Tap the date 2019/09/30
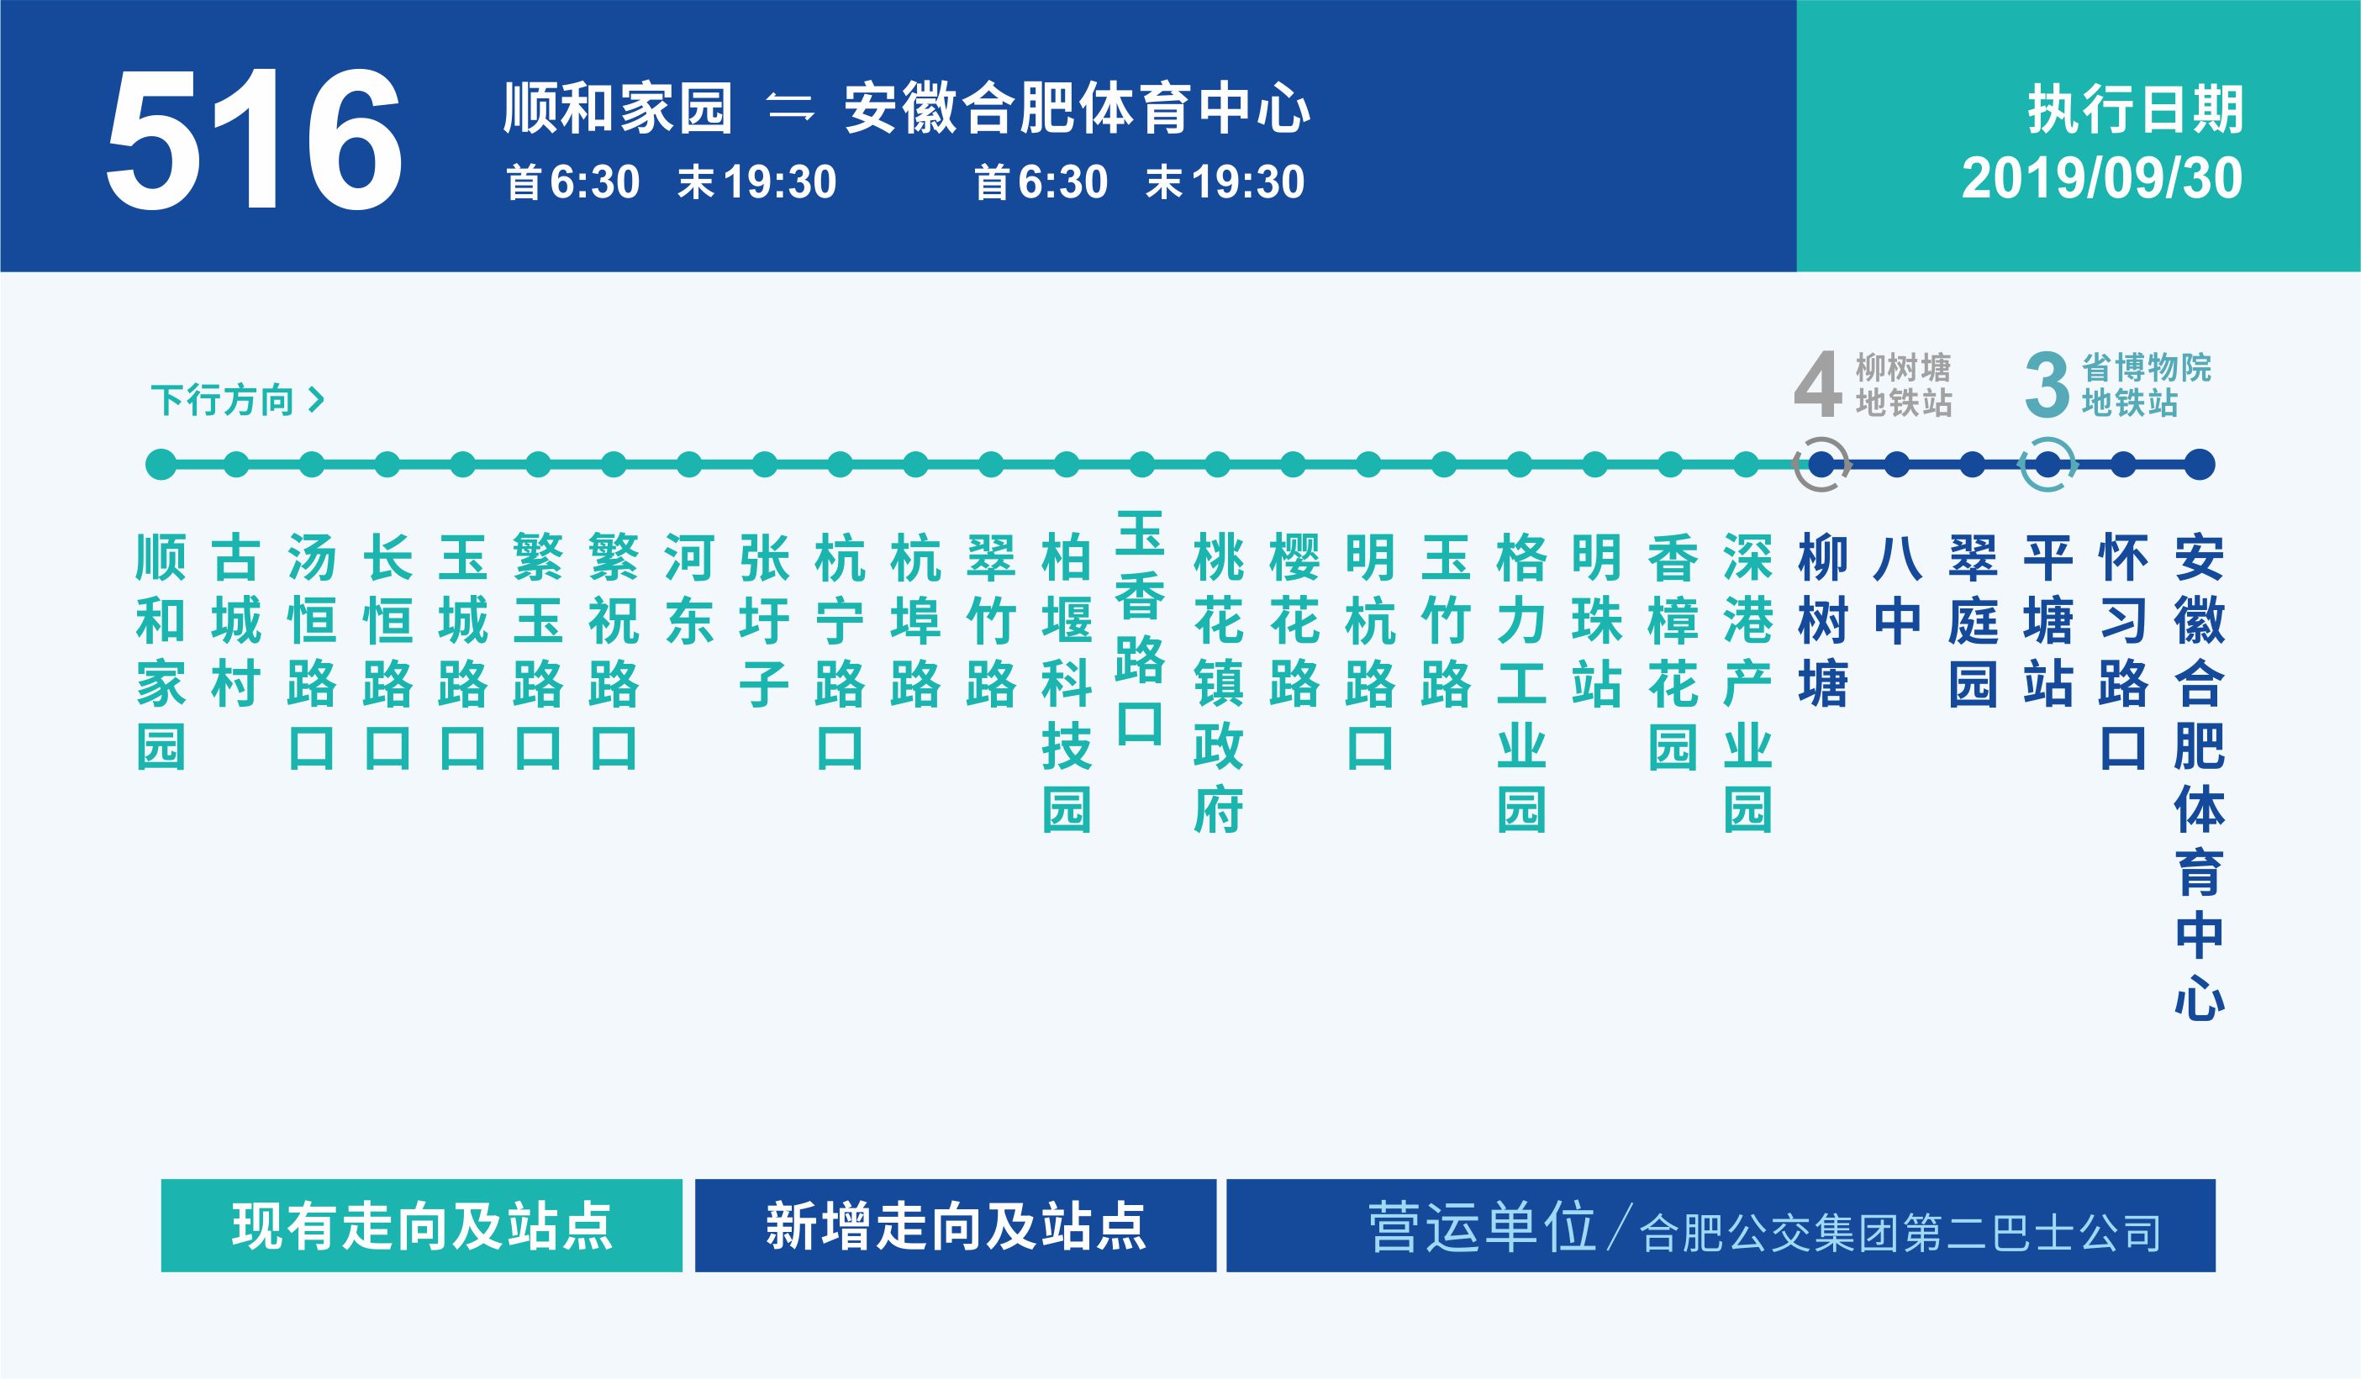pos(2101,178)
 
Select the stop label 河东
pos(688,588)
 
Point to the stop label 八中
pos(1897,588)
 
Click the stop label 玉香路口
pos(1141,628)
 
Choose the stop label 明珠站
pos(1595,620)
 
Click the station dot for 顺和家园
pos(161,465)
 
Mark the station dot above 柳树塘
pos(1821,465)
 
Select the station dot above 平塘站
pos(2048,465)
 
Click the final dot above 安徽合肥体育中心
pos(2199,465)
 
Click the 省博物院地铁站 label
pos(2146,385)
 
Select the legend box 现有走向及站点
pos(422,1225)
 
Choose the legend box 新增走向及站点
pos(956,1225)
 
